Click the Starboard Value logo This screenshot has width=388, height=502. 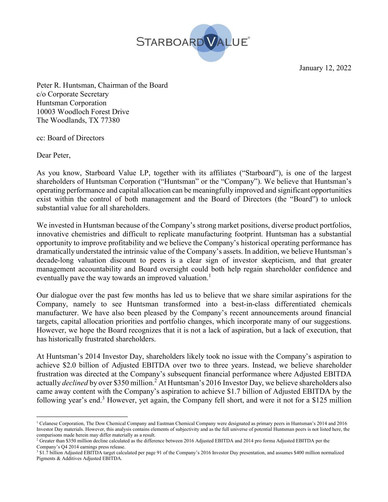[x=193, y=42]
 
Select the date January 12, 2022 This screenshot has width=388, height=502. [x=325, y=68]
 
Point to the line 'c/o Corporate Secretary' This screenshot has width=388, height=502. [x=72, y=94]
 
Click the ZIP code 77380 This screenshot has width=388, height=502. [x=110, y=120]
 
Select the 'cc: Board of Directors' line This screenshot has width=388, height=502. [x=70, y=138]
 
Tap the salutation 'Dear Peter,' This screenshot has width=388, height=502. [x=54, y=155]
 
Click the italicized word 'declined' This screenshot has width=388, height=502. [x=75, y=383]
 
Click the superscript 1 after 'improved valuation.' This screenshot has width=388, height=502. [x=210, y=276]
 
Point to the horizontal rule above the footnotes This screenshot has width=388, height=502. [x=82, y=417]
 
